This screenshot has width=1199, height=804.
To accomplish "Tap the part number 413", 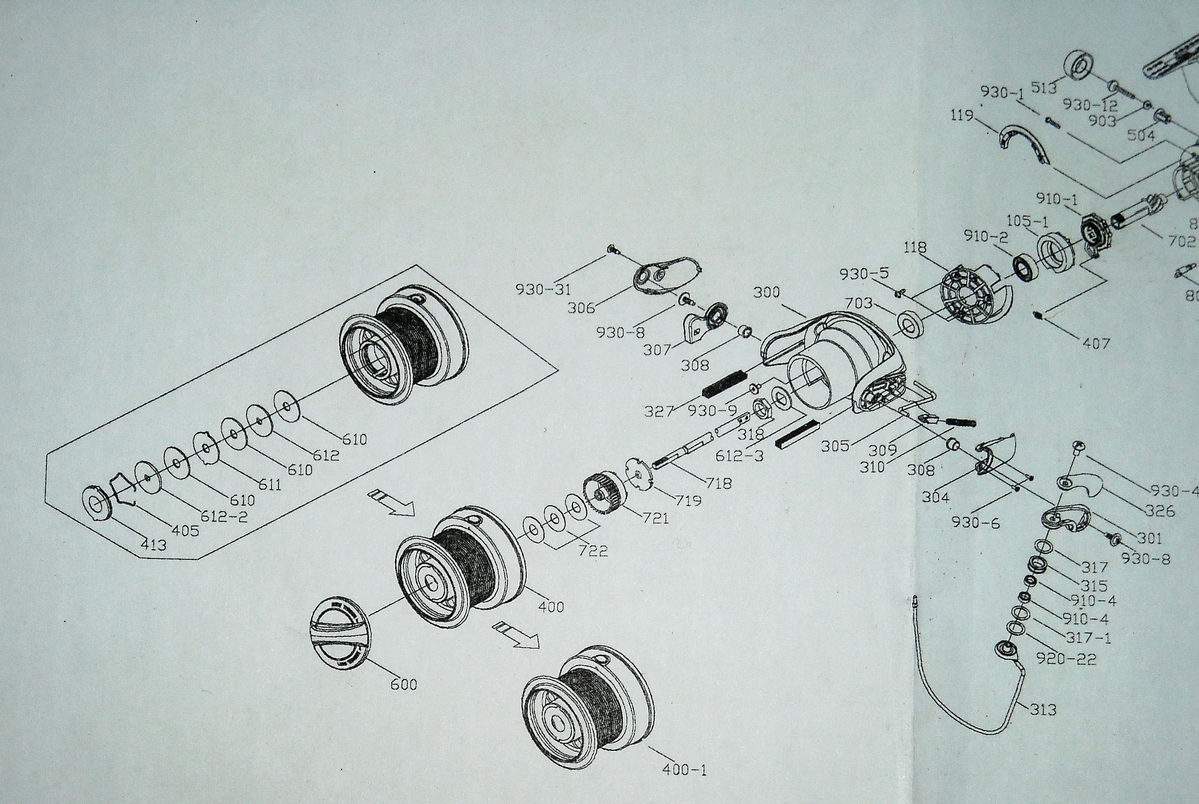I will [153, 545].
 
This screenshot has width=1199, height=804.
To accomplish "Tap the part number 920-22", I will [1066, 658].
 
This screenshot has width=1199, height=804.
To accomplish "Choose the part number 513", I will [1044, 89].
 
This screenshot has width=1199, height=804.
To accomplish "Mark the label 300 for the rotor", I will [767, 292].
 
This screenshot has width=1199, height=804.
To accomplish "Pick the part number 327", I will [659, 411].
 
